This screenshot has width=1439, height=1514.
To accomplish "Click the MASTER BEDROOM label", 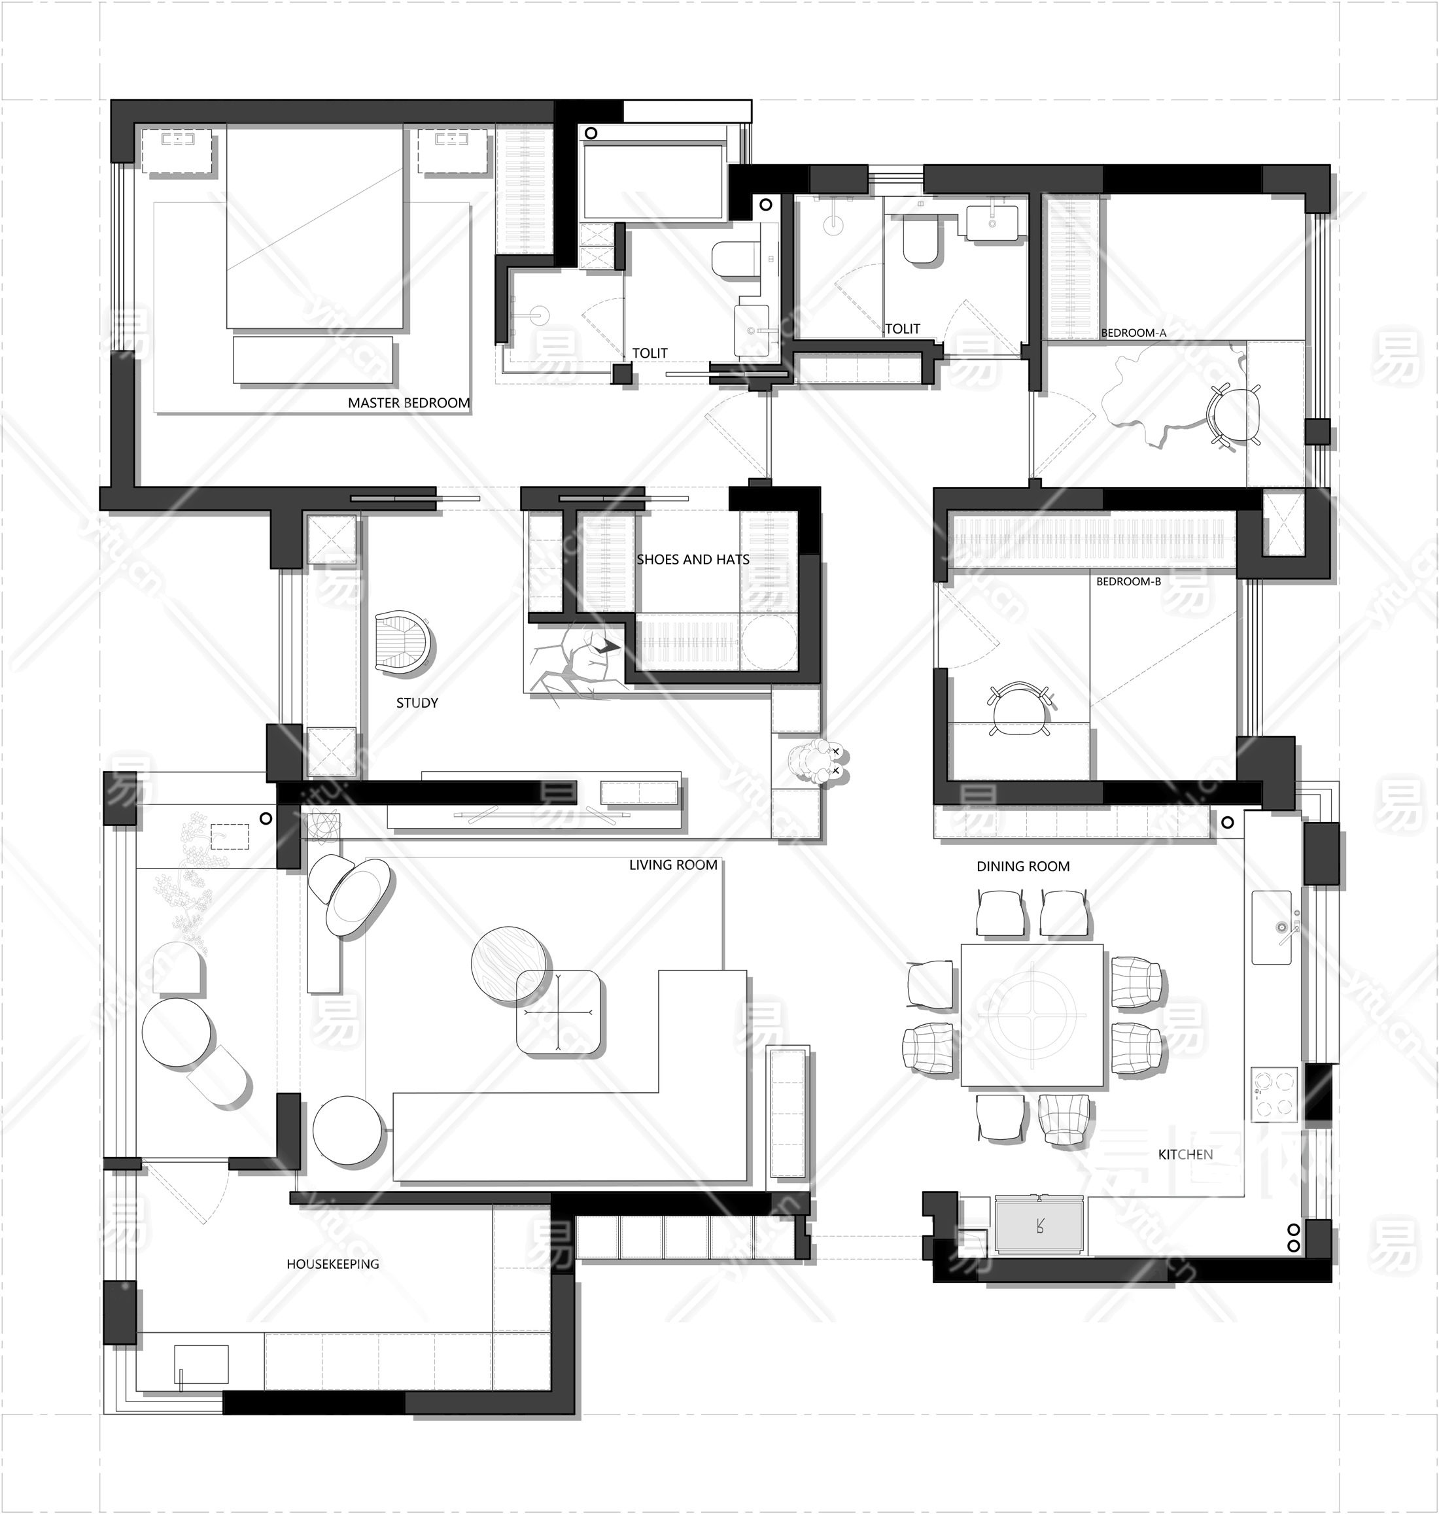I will coord(408,403).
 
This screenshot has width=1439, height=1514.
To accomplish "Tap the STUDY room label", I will coord(417,702).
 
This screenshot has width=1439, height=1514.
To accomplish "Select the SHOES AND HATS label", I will coord(693,560).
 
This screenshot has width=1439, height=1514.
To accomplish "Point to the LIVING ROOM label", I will coord(672,865).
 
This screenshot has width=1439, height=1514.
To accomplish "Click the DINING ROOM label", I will coord(1022,867).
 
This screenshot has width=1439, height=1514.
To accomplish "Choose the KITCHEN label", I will coord(1185,1154).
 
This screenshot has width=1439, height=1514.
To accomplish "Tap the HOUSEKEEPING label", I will coord(332,1264).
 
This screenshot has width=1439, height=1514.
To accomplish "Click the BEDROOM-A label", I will coord(1133,333).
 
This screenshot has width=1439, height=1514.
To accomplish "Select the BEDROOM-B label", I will coord(1128,581).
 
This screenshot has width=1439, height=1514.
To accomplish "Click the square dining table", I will coord(1032,1016).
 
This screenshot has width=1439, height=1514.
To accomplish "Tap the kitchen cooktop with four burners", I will coord(1274,1095).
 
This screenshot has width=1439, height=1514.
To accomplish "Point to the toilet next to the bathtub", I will coord(733,259).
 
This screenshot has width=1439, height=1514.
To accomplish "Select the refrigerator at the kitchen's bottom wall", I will coord(1039,1225).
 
